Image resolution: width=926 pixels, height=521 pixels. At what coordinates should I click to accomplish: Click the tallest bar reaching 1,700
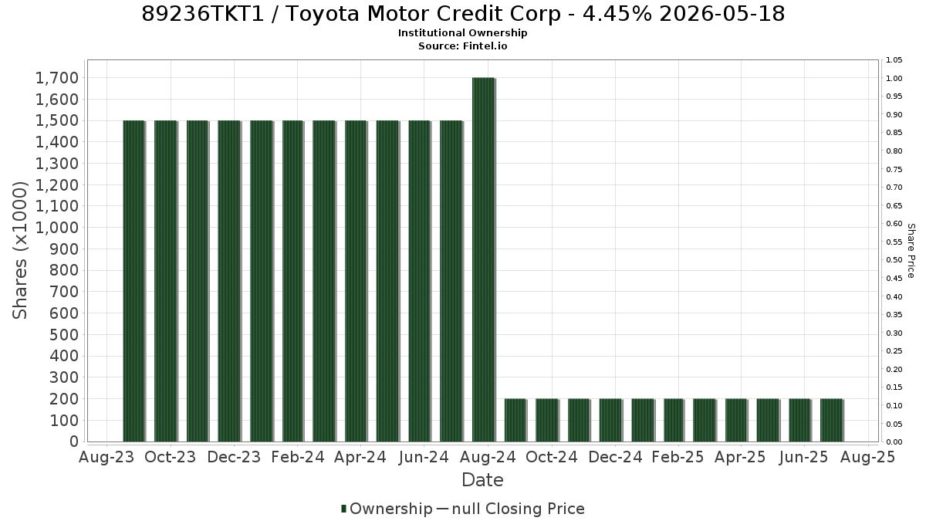click(484, 259)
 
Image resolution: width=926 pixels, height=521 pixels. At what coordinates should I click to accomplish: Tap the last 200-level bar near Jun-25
click(832, 420)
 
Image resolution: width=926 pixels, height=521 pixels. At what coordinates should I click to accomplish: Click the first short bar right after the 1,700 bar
click(515, 420)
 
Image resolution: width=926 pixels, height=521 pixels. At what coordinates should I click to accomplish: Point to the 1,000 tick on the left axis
click(57, 228)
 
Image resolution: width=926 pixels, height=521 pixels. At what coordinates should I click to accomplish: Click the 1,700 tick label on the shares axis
click(57, 78)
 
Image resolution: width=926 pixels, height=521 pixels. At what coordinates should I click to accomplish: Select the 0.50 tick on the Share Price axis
click(894, 260)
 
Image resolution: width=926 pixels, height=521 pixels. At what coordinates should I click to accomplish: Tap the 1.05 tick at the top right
click(894, 60)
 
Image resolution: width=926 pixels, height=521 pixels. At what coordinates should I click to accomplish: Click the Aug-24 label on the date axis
click(488, 457)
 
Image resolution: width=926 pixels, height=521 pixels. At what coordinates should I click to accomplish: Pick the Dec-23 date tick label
click(234, 457)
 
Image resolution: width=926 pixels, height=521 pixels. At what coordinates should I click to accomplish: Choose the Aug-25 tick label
click(868, 457)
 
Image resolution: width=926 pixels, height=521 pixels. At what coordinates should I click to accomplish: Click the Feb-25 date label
click(678, 457)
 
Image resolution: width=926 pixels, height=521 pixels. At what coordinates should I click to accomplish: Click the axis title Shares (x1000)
click(19, 251)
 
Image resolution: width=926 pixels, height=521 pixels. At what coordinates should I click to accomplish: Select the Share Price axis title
click(911, 251)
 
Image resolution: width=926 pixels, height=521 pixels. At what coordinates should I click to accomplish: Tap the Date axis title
click(482, 480)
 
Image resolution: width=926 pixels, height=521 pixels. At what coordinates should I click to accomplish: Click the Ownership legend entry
click(387, 509)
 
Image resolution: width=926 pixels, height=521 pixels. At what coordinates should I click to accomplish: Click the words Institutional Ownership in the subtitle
click(462, 33)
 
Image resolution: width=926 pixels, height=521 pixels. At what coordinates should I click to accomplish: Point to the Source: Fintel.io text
click(462, 46)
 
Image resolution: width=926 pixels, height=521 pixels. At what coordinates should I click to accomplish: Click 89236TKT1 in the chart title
click(202, 14)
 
